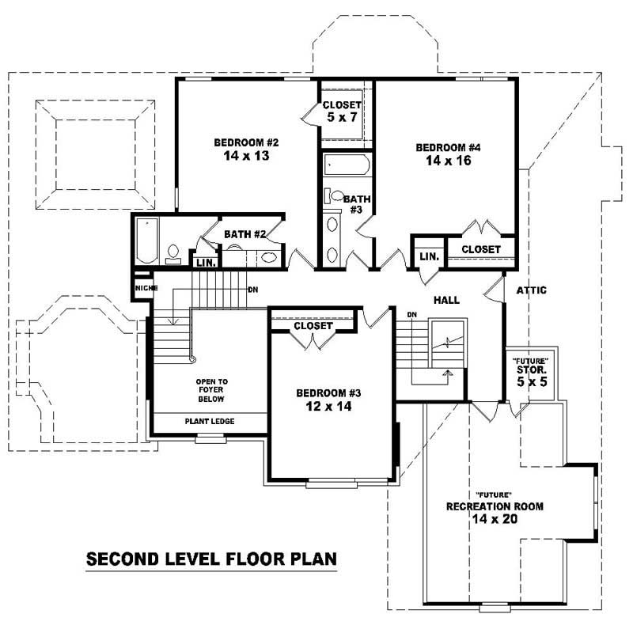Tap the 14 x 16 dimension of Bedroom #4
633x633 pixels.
point(449,161)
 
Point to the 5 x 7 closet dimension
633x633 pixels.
point(341,118)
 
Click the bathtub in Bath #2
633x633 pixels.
point(147,241)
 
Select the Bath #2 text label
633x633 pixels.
point(243,234)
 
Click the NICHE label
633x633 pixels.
point(143,288)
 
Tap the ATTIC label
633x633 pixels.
point(531,290)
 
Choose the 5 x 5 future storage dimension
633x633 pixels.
point(531,381)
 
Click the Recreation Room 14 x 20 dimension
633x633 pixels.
point(495,519)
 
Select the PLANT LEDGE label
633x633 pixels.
point(210,421)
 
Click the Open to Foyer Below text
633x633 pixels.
point(211,390)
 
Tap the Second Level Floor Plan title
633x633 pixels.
point(211,559)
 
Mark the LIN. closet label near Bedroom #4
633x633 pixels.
point(429,256)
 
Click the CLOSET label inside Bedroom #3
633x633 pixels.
point(313,325)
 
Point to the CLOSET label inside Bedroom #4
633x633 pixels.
point(481,249)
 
